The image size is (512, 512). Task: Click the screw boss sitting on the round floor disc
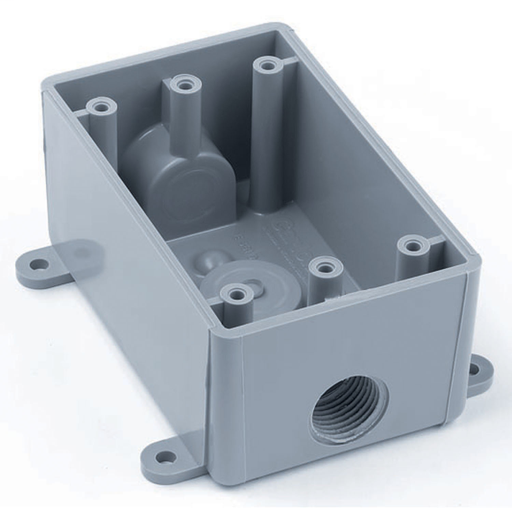click(x=235, y=294)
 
